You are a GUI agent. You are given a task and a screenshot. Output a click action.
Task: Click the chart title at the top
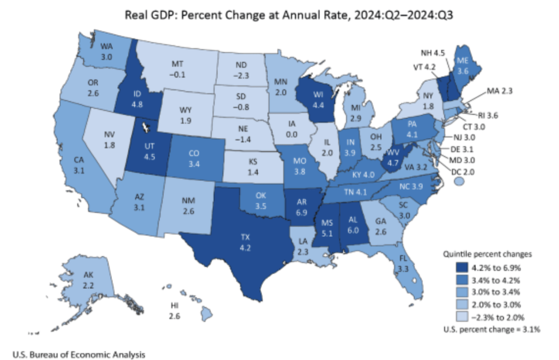tap(289, 15)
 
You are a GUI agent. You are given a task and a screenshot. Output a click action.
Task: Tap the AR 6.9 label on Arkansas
tap(301, 207)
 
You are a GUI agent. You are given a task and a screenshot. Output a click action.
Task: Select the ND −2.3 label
tap(241, 70)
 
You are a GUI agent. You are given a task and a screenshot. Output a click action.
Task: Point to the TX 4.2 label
tap(245, 242)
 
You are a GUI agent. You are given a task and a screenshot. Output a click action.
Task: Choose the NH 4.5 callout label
tap(433, 53)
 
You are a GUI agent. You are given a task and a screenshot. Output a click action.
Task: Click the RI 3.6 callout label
tap(487, 116)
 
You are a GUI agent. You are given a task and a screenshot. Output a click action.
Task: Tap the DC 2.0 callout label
tap(463, 172)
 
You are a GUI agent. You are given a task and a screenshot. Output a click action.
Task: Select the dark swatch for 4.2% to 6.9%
tap(462, 268)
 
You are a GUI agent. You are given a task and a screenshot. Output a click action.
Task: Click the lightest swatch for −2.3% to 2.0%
tap(462, 317)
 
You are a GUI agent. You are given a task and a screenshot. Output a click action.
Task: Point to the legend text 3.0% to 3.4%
tap(495, 292)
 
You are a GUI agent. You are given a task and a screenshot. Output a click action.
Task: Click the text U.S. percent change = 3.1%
tap(491, 329)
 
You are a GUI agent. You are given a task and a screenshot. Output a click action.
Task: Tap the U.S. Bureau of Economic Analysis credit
tap(79, 355)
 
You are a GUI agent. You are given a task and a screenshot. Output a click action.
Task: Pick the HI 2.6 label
tap(175, 311)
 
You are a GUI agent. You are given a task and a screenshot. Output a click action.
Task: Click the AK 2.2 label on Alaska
tap(88, 280)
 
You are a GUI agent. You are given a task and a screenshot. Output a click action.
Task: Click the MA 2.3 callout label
tap(499, 91)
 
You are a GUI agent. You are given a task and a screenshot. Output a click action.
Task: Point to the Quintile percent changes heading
tap(487, 254)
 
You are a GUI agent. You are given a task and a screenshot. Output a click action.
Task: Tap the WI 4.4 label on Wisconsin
tap(318, 100)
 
